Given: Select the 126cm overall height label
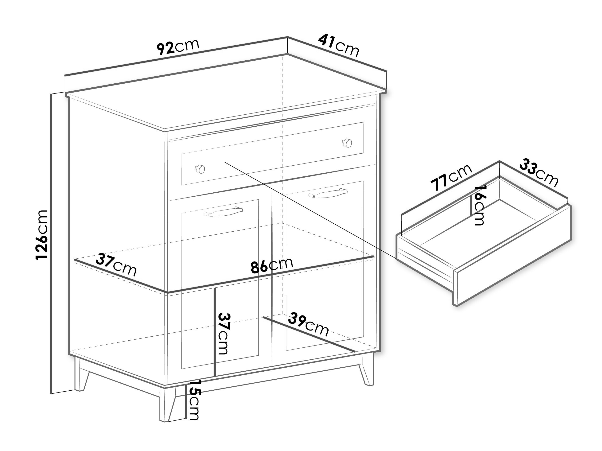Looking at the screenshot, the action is coord(42,235).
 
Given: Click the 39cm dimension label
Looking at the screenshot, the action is coord(308,324).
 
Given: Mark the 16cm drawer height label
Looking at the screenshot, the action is coord(479,206).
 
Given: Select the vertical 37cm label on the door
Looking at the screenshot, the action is coord(224,334).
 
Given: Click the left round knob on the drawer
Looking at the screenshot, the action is coord(200,169).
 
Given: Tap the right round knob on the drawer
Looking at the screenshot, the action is coord(347,143).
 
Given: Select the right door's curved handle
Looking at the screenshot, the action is coord(328,193).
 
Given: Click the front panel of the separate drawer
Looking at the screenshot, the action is coord(513,255).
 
